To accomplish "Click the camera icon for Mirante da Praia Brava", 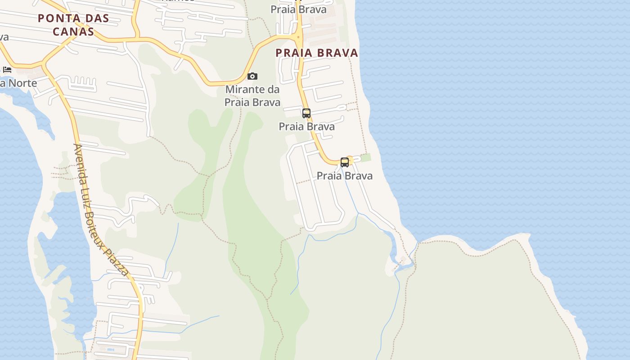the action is (x=252, y=76).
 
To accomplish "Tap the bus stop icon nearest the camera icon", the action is (x=306, y=113).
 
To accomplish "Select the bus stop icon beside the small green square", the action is (x=345, y=162).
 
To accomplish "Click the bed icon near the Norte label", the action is (x=7, y=69).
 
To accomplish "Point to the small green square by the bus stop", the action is (x=366, y=157).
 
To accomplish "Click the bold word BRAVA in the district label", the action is (x=337, y=53).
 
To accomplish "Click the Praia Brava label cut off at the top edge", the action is (x=298, y=9).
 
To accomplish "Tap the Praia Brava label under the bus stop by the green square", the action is (x=345, y=176).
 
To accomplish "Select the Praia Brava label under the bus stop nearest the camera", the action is (x=306, y=127).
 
